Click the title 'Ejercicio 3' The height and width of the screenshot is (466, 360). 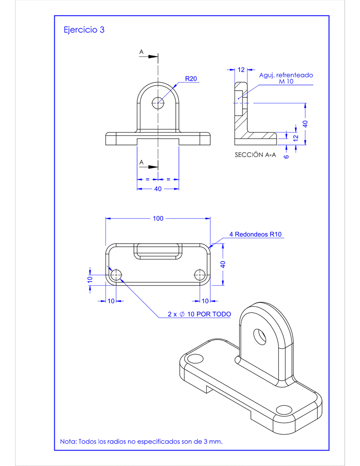coord(84,30)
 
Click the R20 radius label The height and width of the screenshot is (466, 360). coord(191,79)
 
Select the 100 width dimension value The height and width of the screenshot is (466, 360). coord(158,218)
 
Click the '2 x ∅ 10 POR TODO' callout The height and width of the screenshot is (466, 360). coord(199,314)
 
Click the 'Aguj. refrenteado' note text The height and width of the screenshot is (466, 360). coord(286,75)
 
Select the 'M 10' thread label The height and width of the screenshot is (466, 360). coord(286,82)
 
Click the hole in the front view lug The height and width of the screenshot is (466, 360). coord(158,103)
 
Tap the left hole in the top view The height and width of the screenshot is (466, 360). coord(117,275)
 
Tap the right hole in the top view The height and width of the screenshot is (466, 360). coord(200,275)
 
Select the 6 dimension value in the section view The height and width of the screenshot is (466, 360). coord(286,156)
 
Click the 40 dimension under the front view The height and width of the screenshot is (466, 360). coord(158,189)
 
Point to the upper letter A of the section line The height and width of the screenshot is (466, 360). coord(141,52)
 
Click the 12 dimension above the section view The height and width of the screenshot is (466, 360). coord(241,70)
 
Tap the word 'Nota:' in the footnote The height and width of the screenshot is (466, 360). coord(68,441)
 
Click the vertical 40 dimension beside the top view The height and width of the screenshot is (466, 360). coord(223,264)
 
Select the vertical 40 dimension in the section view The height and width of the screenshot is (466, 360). coord(305,124)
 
